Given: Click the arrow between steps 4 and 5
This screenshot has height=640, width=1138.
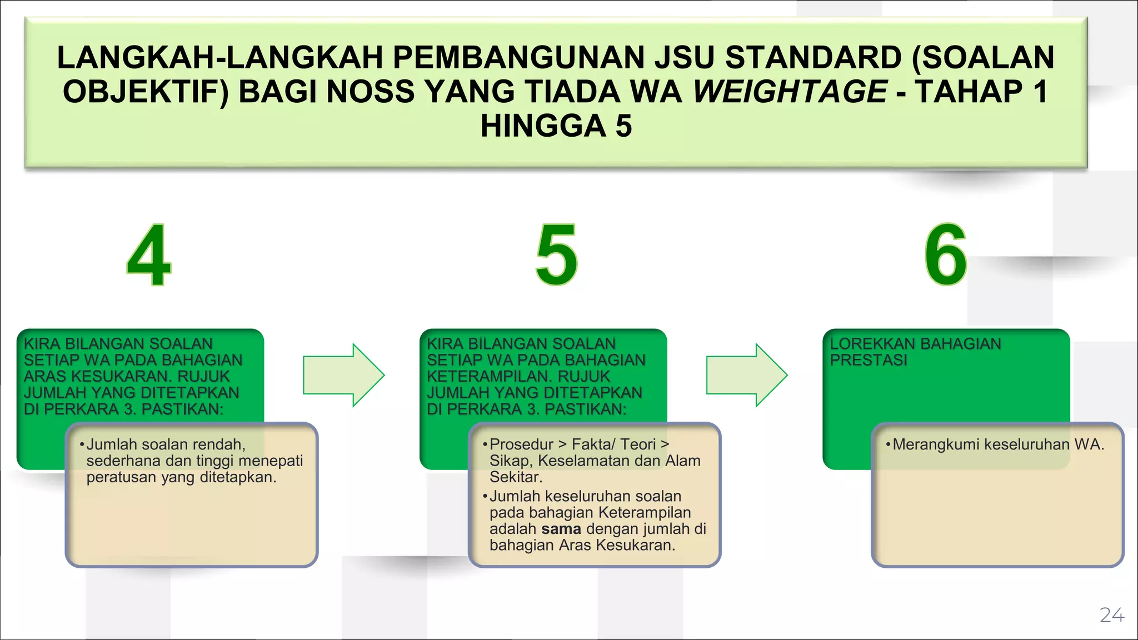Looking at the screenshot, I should (343, 375).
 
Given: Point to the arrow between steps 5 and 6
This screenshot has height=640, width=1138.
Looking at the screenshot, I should (747, 375).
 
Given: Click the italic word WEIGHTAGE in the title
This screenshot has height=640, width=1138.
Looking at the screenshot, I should (790, 92).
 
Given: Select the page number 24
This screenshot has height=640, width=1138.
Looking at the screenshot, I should (1112, 615).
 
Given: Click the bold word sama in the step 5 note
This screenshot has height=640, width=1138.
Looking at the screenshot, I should (561, 529).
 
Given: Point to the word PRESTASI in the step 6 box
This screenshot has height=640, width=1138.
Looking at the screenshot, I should (869, 360).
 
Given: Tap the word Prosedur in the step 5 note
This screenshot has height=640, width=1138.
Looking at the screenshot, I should (521, 444).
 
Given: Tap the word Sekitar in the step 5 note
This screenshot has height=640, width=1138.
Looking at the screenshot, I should (514, 477).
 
